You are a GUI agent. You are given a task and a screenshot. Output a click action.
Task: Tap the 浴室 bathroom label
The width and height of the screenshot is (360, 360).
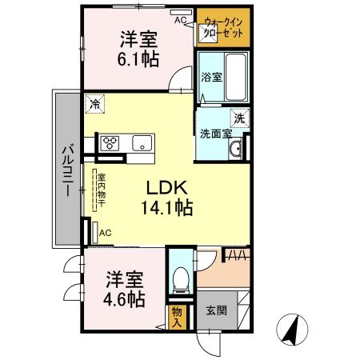pos(211,77)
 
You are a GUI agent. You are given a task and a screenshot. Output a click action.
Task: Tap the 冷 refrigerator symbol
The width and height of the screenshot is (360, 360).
pos(95,103)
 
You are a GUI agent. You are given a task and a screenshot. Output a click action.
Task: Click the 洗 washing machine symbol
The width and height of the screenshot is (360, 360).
pos(238,118)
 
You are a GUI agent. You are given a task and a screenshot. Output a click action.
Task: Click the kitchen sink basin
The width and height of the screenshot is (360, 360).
pos(142,144)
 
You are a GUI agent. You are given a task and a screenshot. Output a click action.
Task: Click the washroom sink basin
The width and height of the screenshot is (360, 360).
pos(235,150)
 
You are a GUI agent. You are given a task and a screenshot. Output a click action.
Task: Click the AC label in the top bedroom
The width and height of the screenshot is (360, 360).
pos(181,19)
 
